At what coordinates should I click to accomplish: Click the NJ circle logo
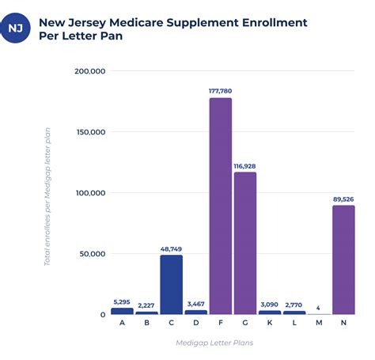[x=15, y=28]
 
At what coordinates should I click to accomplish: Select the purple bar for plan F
[x=221, y=206]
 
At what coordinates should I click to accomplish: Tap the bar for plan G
[x=245, y=243]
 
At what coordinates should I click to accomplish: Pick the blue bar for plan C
[x=172, y=285]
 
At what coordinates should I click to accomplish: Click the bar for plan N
[x=343, y=260]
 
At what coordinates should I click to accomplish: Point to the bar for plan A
[x=122, y=311]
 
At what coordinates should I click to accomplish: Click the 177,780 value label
[x=221, y=91]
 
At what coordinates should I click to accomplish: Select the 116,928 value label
[x=244, y=166]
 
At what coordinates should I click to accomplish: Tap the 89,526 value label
[x=343, y=199]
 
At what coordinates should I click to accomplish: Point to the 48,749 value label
[x=171, y=249]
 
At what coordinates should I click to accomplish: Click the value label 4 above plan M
[x=318, y=308]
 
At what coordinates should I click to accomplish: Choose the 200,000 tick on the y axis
[x=90, y=71]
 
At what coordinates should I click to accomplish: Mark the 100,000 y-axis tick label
[x=91, y=193]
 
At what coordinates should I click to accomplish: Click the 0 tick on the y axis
[x=103, y=315]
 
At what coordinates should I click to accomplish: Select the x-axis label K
[x=270, y=323]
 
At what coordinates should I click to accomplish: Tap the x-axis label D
[x=196, y=323]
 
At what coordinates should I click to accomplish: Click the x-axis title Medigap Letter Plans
[x=214, y=343]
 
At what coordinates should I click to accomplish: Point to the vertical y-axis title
[x=47, y=197]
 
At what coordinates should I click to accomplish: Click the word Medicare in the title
[x=136, y=23]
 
